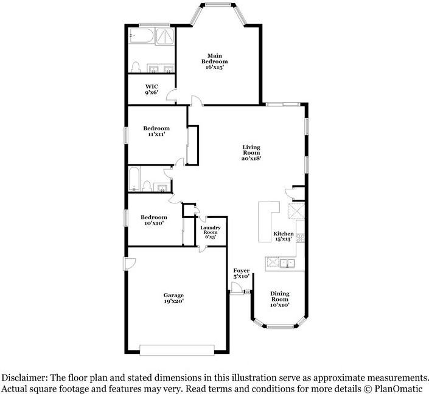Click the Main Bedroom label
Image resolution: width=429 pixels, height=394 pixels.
pos(214,62)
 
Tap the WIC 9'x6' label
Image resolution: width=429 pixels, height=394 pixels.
pos(152,90)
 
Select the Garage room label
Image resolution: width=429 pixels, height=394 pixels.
pos(173,298)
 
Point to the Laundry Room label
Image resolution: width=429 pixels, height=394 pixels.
pos(211,232)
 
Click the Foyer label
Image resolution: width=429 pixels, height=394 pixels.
pos(242,273)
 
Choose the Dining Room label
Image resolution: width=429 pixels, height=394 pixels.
pos(280,299)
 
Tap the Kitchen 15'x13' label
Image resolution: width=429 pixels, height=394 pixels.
pos(284,236)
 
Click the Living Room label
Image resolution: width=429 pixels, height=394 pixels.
pos(251,152)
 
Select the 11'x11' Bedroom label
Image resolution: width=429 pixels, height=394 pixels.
pos(156,131)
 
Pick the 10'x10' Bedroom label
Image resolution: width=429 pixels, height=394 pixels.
pos(154,220)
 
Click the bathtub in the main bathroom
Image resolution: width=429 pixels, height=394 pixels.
pos(141,35)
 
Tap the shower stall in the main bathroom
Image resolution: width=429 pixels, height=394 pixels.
pos(165,37)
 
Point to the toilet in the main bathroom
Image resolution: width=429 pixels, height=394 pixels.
pos(136,67)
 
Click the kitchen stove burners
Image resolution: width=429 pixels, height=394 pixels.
pos(301,238)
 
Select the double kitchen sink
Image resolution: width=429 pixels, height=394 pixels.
pos(287,263)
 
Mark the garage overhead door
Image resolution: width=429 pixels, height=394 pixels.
pos(176,350)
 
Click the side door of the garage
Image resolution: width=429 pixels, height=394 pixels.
pos(130,263)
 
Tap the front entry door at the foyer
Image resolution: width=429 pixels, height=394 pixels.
pos(236,289)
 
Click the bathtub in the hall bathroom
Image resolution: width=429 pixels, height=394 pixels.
pos(134,179)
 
